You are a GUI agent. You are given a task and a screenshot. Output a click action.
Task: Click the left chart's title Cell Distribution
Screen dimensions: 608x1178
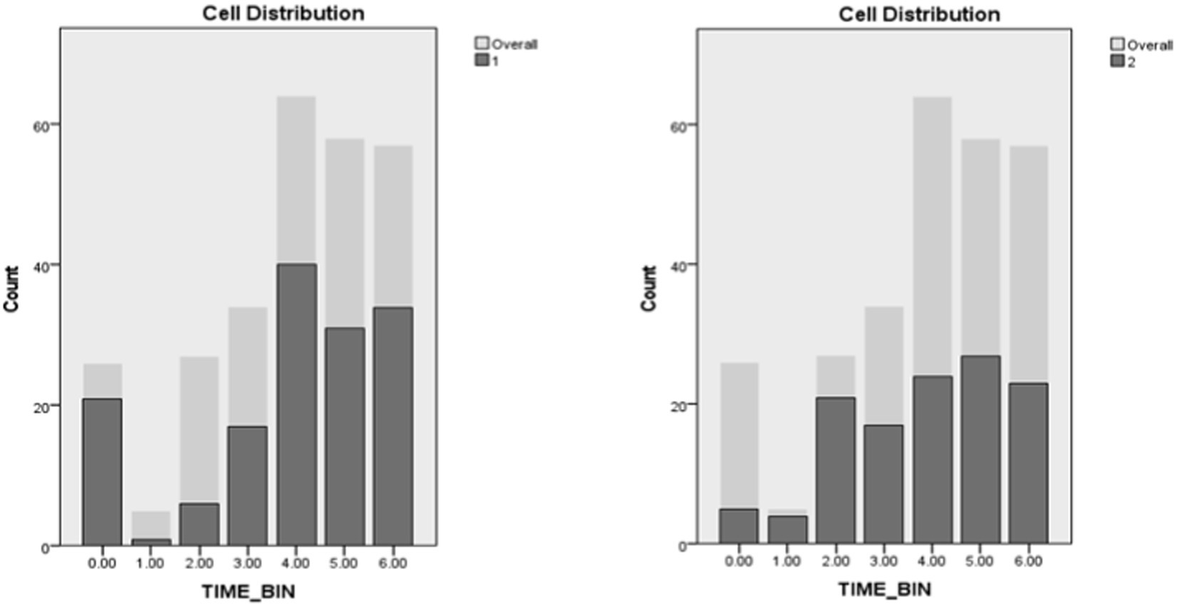282,13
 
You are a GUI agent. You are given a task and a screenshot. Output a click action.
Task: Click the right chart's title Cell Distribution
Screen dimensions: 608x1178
919,14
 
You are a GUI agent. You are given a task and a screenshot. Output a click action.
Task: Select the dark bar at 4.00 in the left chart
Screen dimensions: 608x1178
296,404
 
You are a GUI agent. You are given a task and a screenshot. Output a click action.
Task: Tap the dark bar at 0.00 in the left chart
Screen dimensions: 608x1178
102,472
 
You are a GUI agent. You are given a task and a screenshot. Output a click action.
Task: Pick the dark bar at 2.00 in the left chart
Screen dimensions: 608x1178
200,524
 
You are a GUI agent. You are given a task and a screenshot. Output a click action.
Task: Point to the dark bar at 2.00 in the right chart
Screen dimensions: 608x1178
835,470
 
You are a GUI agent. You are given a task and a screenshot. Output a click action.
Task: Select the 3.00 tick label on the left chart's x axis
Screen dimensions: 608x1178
247,564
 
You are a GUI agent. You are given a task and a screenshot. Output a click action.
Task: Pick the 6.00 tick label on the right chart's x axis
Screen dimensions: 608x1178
1028,562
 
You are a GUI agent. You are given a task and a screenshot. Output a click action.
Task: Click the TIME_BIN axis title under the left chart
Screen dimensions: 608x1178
248,592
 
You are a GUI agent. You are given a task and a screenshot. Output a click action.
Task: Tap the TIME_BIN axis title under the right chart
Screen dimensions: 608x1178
884,590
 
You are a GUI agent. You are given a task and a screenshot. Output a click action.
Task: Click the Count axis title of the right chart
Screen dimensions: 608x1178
649,288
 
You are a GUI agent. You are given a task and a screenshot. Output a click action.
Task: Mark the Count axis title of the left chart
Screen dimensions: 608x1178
12,289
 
